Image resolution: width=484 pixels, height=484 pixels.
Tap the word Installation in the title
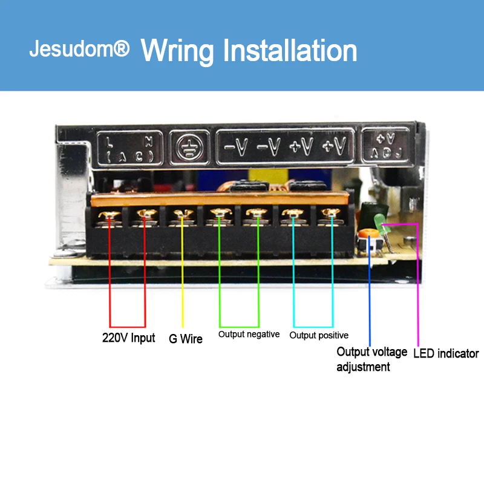pyautogui.click(x=290, y=51)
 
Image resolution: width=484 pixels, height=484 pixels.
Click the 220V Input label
pyautogui.click(x=128, y=338)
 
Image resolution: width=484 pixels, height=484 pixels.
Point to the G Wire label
pyautogui.click(x=185, y=339)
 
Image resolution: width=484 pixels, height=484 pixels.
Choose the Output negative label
pyautogui.click(x=249, y=335)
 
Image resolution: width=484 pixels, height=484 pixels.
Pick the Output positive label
pyautogui.click(x=319, y=335)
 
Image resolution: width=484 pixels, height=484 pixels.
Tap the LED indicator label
pyautogui.click(x=446, y=353)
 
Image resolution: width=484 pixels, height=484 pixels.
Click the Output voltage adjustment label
pyautogui.click(x=371, y=359)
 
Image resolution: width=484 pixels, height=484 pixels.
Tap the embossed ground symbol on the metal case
pyautogui.click(x=189, y=146)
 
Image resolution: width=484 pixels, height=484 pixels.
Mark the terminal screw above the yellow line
pyautogui.click(x=182, y=214)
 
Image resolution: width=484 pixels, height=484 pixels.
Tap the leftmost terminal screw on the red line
pyautogui.click(x=110, y=214)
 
